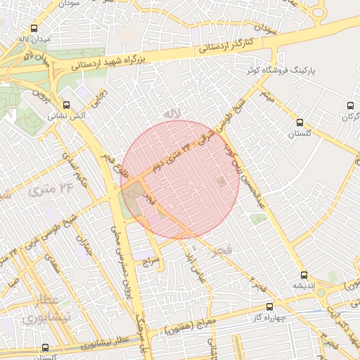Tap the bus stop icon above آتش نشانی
(67, 102)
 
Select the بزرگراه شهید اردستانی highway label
(116, 60)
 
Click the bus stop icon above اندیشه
(304, 275)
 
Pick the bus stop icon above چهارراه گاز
(269, 307)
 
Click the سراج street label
(152, 262)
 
